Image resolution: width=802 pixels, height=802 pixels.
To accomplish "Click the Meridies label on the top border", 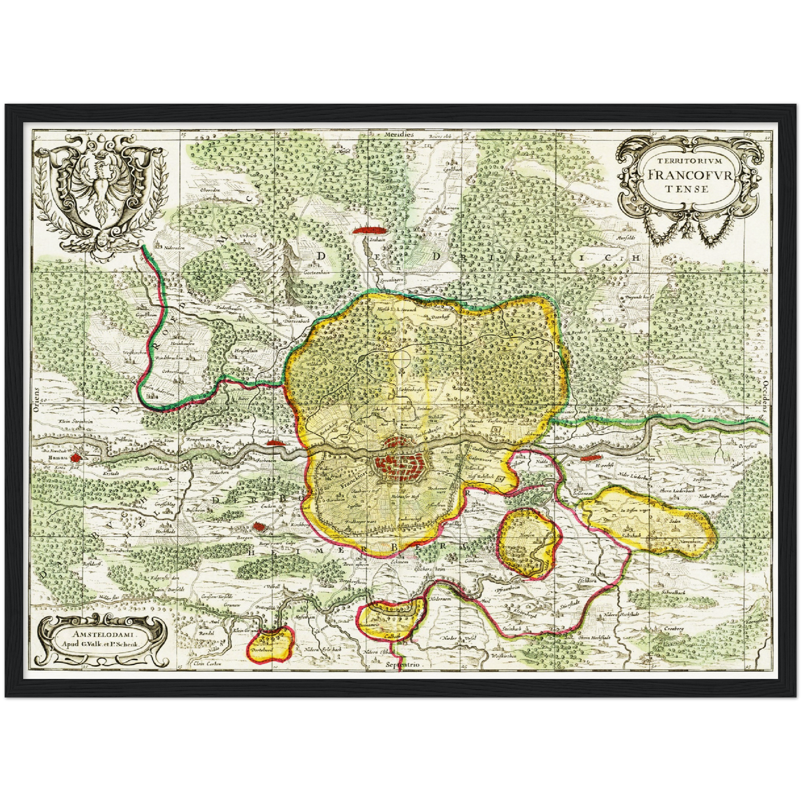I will pyautogui.click(x=401, y=135).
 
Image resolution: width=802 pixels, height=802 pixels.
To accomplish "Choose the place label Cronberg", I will pyautogui.click(x=673, y=628).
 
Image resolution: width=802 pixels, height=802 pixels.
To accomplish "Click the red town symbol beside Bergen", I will pyautogui.click(x=258, y=527).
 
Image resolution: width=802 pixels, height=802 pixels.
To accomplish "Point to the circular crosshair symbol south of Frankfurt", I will pyautogui.click(x=401, y=359).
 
